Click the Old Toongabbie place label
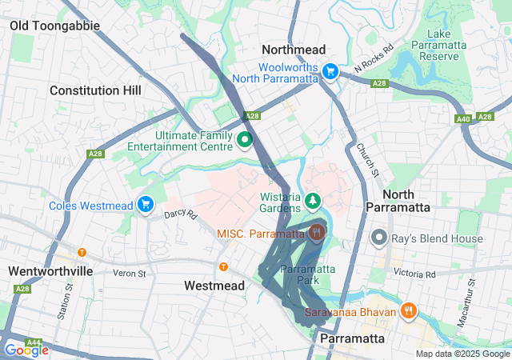55,26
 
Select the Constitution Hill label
95,90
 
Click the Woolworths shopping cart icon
330,72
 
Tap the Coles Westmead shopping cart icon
145,206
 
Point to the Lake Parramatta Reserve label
440,45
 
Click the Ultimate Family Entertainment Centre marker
245,141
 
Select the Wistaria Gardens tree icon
314,198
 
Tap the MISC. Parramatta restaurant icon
317,234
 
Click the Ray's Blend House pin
379,238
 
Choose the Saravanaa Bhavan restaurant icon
407,310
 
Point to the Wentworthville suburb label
51,271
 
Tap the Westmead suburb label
214,286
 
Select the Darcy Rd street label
180,214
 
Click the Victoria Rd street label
414,274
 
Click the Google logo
26,350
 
